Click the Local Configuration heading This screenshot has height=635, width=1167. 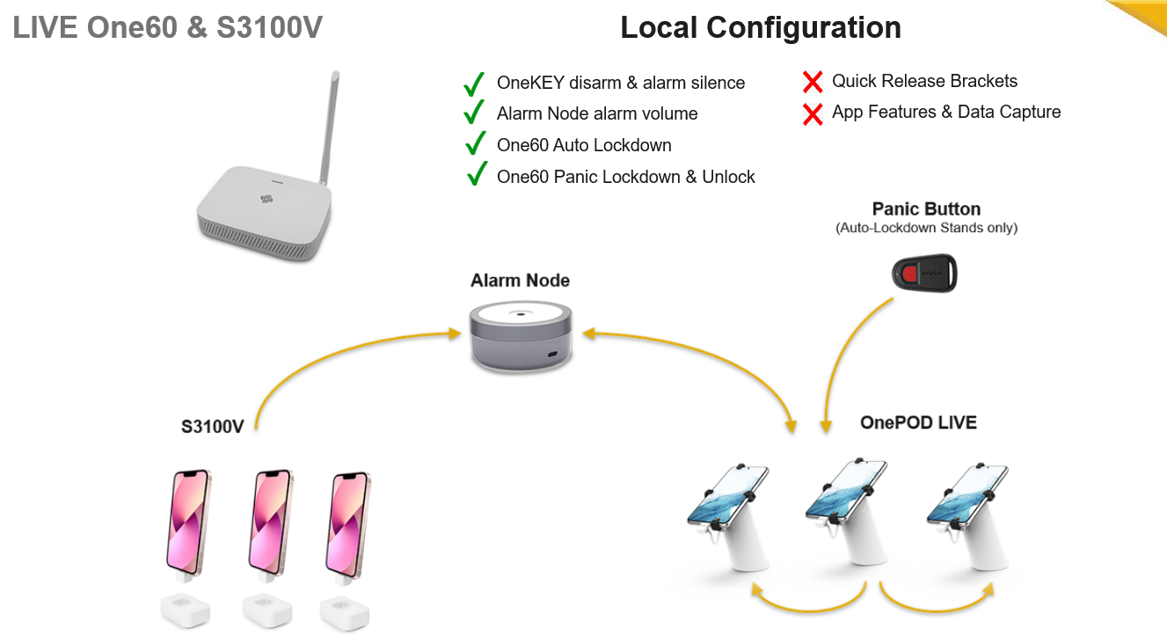761,27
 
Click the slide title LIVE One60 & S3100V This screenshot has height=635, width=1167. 167,28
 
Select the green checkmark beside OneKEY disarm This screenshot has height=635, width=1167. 474,84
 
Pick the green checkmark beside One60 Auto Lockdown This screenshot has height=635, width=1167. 475,143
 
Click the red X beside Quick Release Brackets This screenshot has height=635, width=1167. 813,82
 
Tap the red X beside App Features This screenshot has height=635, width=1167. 813,113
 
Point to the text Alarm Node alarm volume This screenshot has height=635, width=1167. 596,113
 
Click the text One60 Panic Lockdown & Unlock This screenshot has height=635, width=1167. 625,177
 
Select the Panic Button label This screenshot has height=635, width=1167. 926,209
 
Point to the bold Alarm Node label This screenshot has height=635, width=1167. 520,281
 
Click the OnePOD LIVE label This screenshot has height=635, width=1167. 918,423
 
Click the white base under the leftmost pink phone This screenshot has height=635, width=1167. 186,609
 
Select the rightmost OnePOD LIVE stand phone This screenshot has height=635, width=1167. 966,496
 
